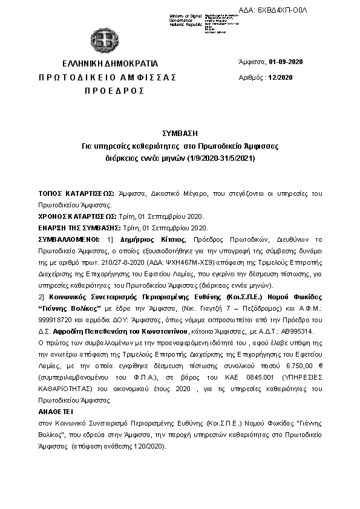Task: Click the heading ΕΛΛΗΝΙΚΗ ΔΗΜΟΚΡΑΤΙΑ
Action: [110, 63]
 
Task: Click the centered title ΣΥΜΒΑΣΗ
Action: [180, 133]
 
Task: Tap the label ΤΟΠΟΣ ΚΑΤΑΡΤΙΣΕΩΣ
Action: [76, 193]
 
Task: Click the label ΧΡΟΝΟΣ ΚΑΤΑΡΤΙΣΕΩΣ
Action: [77, 216]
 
